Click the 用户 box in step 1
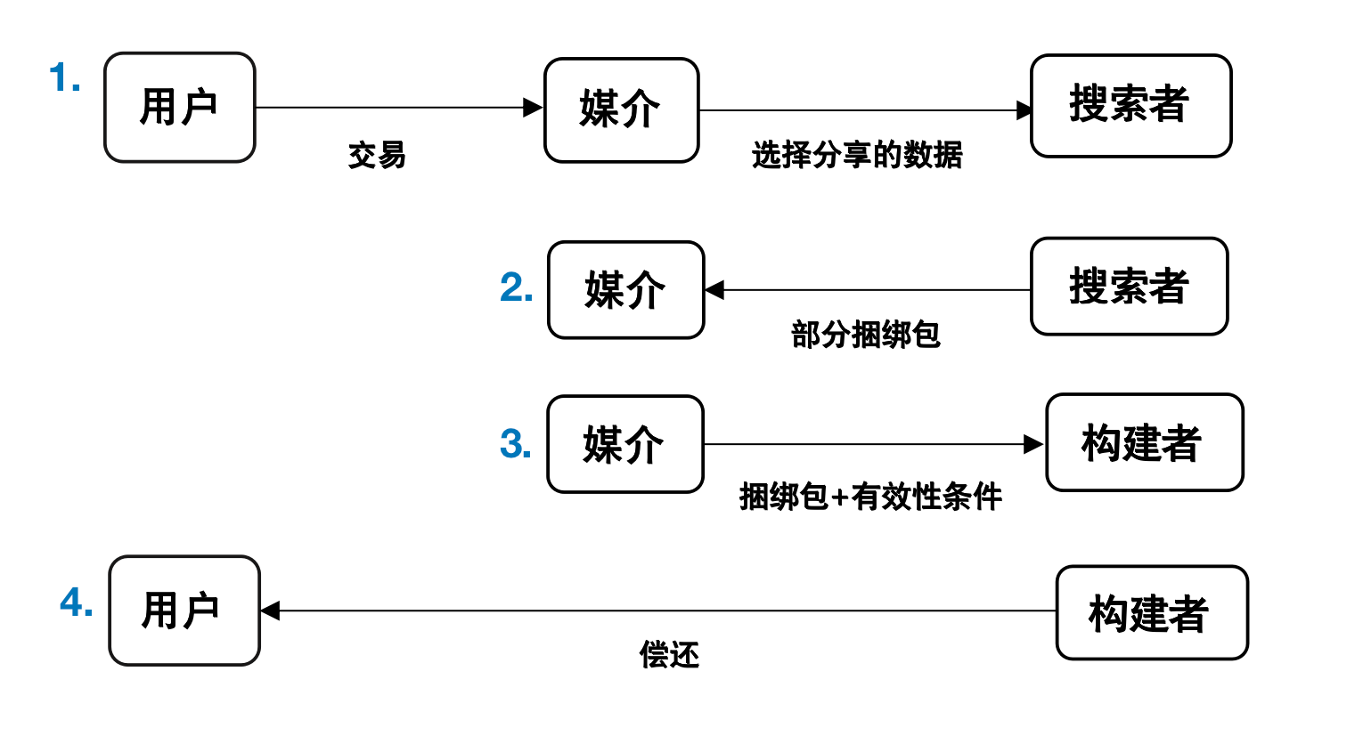180,108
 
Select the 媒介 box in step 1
621,110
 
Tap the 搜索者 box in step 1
1130,106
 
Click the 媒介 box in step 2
625,290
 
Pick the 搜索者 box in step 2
1129,287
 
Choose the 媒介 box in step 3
624,444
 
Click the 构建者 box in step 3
1144,442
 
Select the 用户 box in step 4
184,611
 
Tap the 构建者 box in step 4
1151,613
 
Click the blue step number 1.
65,78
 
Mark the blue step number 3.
516,444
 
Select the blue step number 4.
77,603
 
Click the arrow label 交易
377,156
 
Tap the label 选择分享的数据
857,155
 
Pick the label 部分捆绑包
865,335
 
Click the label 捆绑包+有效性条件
870,497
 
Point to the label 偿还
669,655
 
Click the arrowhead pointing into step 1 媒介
533,108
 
